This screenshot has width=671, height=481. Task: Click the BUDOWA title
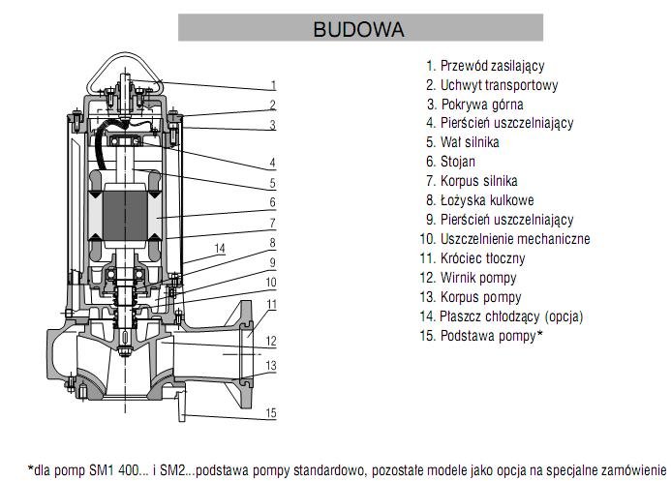pyautogui.click(x=358, y=29)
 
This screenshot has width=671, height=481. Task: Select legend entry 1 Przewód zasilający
pyautogui.click(x=485, y=66)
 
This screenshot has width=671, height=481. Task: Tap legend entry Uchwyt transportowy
pyautogui.click(x=492, y=85)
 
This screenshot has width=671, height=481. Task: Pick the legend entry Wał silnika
pyautogui.click(x=462, y=142)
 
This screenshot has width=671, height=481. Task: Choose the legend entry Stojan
pyautogui.click(x=450, y=162)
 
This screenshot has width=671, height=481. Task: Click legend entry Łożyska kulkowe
pyautogui.click(x=479, y=200)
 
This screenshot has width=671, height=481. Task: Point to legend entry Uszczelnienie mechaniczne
pyautogui.click(x=505, y=239)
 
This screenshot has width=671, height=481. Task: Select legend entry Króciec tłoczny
pyautogui.click(x=473, y=258)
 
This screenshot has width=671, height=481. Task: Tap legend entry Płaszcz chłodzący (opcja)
pyautogui.click(x=502, y=316)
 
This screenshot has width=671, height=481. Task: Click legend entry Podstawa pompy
pyautogui.click(x=481, y=336)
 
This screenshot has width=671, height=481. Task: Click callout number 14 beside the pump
pyautogui.click(x=220, y=249)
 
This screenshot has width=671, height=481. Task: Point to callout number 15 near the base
pyautogui.click(x=271, y=413)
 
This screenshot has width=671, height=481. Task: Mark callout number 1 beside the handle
pyautogui.click(x=273, y=85)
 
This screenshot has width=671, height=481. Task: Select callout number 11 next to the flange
pyautogui.click(x=272, y=305)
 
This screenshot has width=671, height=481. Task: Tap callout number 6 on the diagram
pyautogui.click(x=273, y=202)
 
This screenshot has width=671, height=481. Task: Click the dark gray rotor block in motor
pyautogui.click(x=125, y=216)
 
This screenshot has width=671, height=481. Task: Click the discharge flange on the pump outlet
pyautogui.click(x=245, y=354)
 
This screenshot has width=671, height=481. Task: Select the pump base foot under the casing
pyautogui.click(x=180, y=405)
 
